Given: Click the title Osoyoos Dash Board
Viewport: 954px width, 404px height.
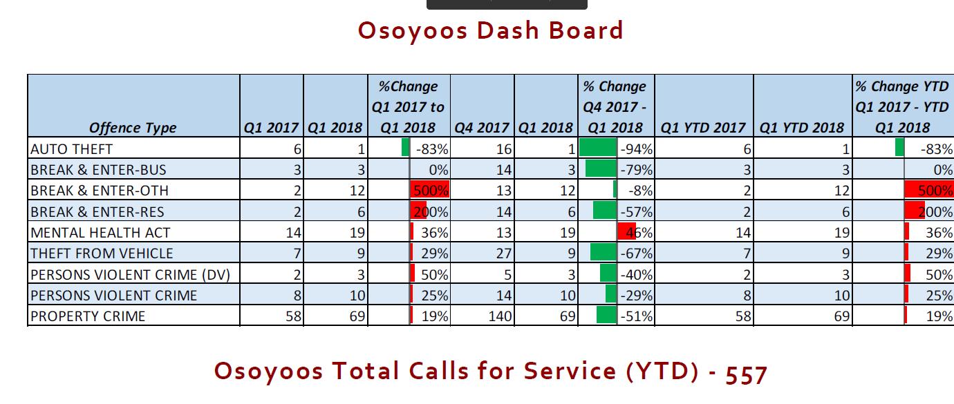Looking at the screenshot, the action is coord(491,30).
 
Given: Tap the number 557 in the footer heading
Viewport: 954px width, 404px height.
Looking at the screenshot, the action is coord(746,374).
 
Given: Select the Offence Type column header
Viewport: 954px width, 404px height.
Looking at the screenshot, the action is coord(133,128).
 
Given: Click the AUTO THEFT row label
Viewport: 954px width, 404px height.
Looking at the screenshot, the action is coord(72,149).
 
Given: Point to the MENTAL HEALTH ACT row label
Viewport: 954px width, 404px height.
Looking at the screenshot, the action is coord(100,233).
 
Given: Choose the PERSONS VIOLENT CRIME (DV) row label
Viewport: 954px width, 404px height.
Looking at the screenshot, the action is coord(131,275).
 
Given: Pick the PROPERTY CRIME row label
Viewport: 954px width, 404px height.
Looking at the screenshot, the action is coord(88,316).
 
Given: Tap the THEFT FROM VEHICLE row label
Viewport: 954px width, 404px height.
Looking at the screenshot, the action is coord(102,253).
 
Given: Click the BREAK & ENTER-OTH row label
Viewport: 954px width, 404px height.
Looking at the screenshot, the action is coord(100,191).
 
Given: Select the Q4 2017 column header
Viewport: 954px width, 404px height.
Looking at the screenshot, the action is coord(482,128).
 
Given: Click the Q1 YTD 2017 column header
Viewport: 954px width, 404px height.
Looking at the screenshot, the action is coord(703,128).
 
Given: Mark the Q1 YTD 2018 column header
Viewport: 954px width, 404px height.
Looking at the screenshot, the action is coord(802,128).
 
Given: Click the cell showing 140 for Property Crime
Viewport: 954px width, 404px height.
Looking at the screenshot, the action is coord(501,316).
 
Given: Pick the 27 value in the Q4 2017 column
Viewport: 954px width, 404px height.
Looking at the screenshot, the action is coord(504,253).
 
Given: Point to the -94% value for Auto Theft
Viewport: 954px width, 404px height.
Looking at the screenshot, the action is coord(637,149).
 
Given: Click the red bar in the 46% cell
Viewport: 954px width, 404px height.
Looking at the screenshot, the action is coord(626,231).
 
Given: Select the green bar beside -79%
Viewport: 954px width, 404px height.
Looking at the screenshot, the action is coord(601,169).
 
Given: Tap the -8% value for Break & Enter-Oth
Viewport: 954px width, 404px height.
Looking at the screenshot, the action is coord(641,191).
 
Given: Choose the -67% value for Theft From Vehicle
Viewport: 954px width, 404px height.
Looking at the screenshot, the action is coord(637,253).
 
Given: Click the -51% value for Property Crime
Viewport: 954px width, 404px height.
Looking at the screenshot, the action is coord(637,316).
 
